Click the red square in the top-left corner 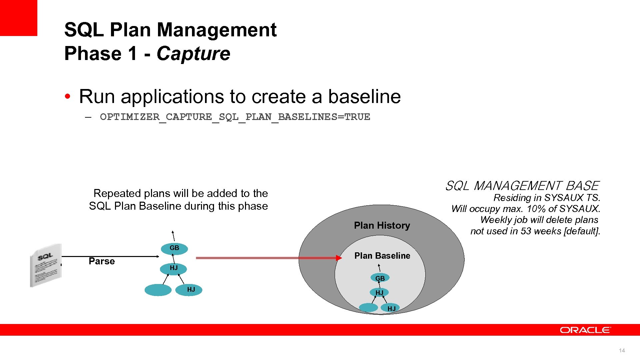tap(18, 17)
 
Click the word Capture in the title tap(193, 54)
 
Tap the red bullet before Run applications tap(68, 97)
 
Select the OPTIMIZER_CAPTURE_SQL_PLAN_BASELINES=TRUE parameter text tap(235, 117)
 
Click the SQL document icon tap(46, 265)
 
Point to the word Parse tap(102, 261)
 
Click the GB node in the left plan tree tap(174, 248)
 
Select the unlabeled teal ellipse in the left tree tap(158, 290)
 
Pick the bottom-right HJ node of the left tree tap(191, 290)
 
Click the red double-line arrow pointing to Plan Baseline tap(267, 258)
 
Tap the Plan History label tap(382, 226)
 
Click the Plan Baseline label tap(382, 256)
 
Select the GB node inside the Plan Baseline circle tap(380, 278)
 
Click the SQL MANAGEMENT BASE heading tap(522, 186)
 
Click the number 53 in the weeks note tap(526, 231)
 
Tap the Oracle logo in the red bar tap(585, 330)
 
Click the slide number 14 tap(622, 350)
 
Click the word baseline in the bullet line tap(364, 97)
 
